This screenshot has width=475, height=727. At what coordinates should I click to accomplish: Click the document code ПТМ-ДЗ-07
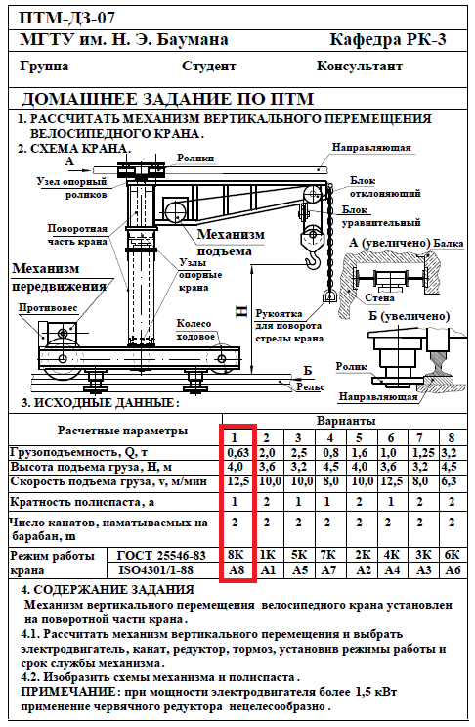(x=66, y=18)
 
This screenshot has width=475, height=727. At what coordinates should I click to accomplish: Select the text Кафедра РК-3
(x=387, y=40)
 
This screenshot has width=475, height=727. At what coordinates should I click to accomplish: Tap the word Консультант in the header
(x=360, y=67)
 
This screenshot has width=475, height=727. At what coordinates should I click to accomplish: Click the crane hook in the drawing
(x=313, y=257)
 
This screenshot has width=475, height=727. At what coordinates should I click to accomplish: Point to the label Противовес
(x=48, y=308)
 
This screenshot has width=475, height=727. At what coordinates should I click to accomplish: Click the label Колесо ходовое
(x=194, y=330)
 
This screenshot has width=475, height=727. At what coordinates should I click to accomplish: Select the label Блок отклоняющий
(x=385, y=187)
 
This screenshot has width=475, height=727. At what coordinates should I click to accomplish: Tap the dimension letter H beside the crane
(x=242, y=311)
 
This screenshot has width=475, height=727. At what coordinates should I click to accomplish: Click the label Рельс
(x=311, y=386)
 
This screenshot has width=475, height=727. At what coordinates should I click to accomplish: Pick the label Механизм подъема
(x=231, y=243)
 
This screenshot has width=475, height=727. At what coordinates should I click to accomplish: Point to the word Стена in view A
(x=379, y=298)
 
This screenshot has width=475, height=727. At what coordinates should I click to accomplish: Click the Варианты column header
(x=346, y=421)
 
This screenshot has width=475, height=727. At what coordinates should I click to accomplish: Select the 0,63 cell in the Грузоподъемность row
(x=237, y=452)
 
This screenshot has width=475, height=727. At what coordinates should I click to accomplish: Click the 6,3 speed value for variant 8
(x=450, y=481)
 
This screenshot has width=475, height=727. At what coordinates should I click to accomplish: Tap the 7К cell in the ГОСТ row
(x=329, y=555)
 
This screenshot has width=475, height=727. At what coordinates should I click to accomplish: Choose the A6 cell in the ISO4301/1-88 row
(x=453, y=569)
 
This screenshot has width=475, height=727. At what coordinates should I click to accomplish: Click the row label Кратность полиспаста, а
(x=82, y=502)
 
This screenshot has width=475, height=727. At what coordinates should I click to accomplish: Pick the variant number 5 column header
(x=359, y=438)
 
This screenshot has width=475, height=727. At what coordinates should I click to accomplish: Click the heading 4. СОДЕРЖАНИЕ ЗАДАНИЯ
(x=108, y=590)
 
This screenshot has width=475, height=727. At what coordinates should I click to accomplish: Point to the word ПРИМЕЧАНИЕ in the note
(x=68, y=692)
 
